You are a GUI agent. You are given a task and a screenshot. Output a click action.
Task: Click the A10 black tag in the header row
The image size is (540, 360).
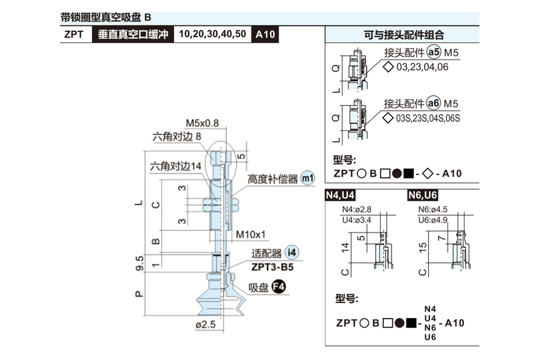[x=265, y=34]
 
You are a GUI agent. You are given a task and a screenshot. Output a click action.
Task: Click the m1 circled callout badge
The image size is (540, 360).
[x=308, y=178]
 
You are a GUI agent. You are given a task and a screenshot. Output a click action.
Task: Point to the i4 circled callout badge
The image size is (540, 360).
[x=292, y=252]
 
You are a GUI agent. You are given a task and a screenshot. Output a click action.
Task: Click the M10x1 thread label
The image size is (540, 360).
[x=251, y=234]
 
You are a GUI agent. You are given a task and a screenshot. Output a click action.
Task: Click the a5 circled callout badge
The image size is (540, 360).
[x=434, y=54]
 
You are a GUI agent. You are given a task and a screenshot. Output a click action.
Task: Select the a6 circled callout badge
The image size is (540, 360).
[x=434, y=104]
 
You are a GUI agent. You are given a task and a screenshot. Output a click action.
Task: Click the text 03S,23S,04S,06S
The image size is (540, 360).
[x=427, y=119]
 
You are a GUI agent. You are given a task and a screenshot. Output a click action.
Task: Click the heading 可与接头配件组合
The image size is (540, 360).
[x=404, y=35]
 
